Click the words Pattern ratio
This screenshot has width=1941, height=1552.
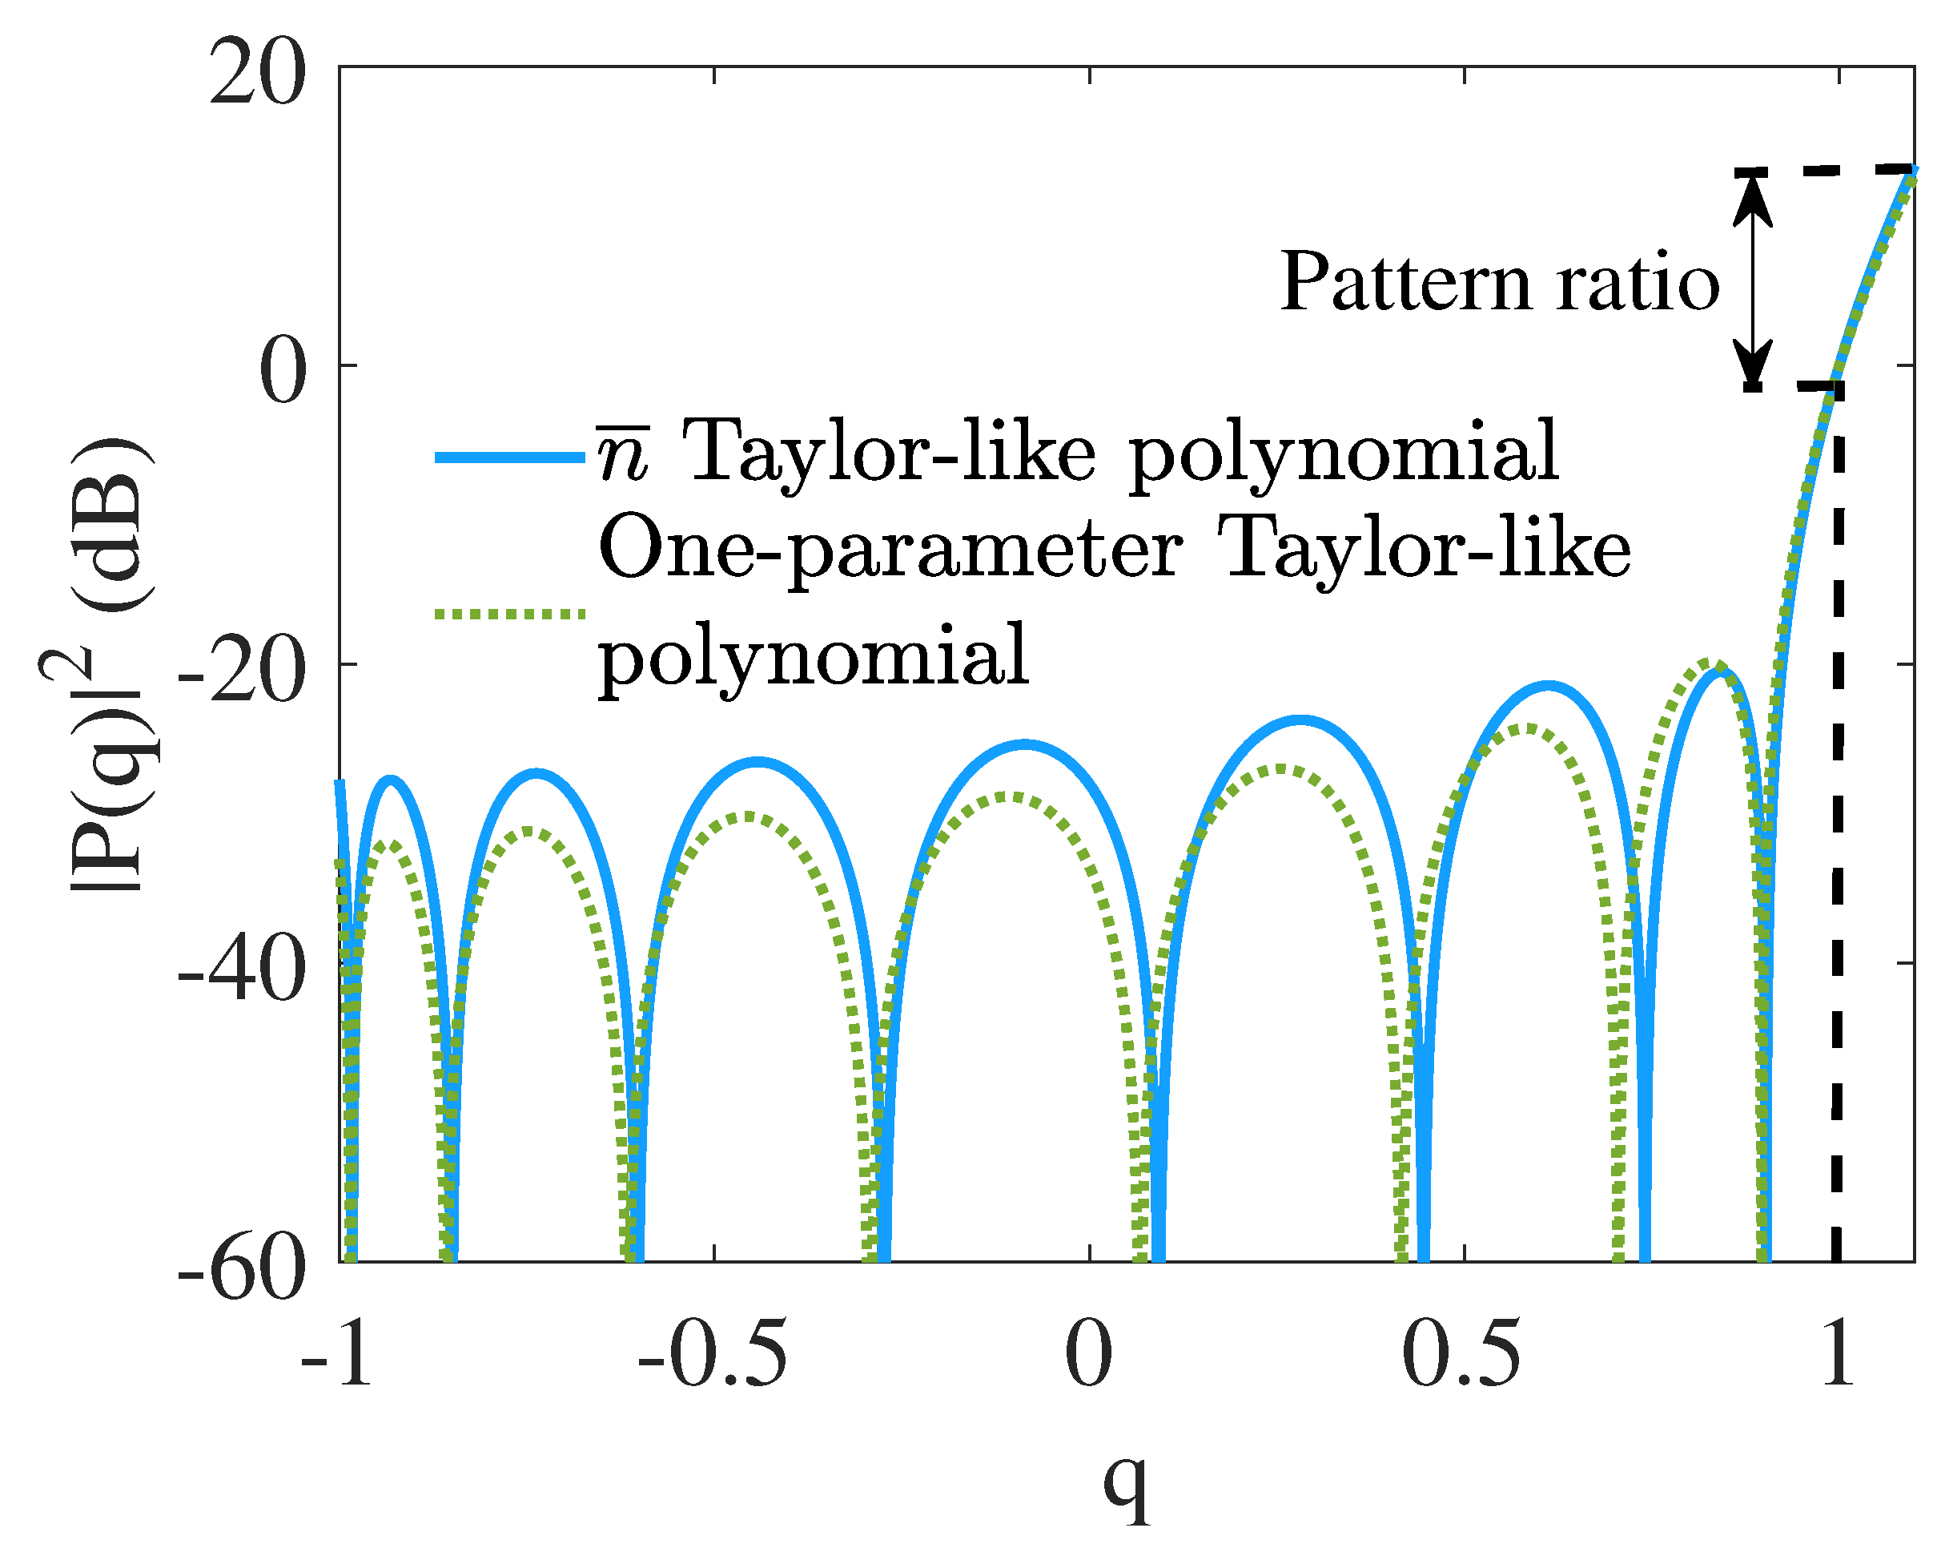(x=1499, y=283)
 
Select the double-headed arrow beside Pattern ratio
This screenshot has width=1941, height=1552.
(x=1753, y=280)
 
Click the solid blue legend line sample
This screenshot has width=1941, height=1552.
(x=509, y=458)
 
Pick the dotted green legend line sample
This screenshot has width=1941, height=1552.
(x=509, y=615)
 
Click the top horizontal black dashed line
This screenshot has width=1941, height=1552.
(x=1827, y=169)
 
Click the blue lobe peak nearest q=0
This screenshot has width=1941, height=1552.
(x=1024, y=744)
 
